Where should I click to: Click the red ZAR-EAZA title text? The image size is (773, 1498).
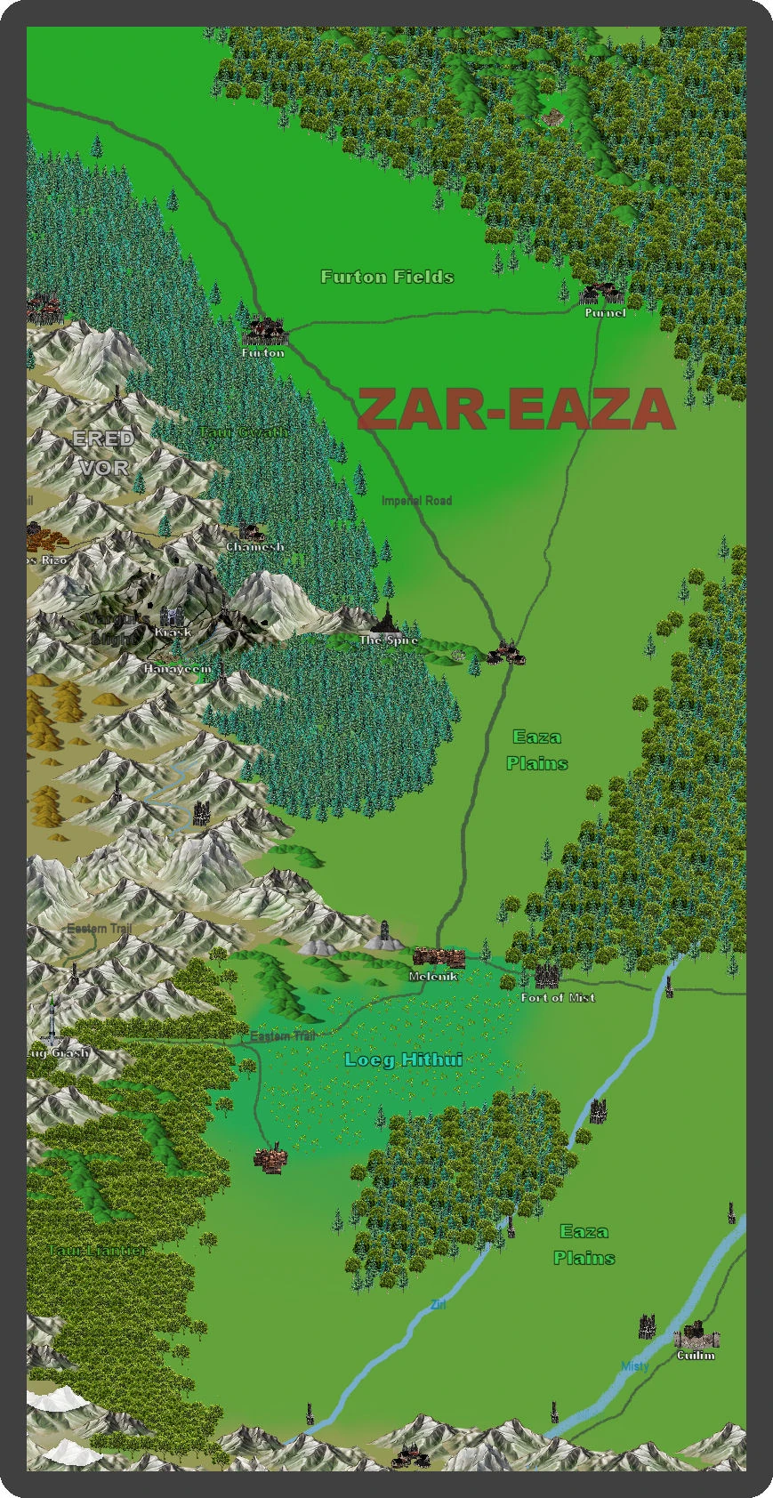(516, 410)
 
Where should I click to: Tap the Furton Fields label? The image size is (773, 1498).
(387, 278)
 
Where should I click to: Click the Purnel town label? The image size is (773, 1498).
(605, 313)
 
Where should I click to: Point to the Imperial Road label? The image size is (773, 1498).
(416, 501)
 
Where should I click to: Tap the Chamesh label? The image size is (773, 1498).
(254, 547)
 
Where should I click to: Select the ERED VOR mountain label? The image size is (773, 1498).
(103, 453)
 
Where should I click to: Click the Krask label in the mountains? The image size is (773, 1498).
(173, 632)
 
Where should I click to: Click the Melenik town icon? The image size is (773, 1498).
(439, 958)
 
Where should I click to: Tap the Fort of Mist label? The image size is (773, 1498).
(558, 998)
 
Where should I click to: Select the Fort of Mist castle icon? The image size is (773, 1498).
(547, 977)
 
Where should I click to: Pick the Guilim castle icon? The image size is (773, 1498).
(697, 1337)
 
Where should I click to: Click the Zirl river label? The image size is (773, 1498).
(438, 1305)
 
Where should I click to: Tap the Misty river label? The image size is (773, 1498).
(635, 1366)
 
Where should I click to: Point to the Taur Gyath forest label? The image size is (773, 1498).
(243, 432)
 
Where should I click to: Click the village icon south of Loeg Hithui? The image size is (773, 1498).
(270, 1159)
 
